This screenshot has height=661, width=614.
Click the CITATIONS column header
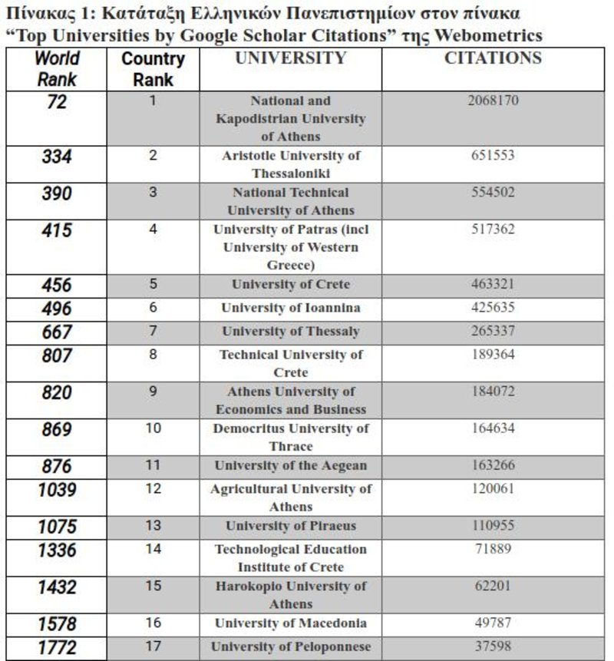coord(493,58)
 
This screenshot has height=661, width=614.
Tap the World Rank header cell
coord(58,68)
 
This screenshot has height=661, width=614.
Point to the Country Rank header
coord(153,69)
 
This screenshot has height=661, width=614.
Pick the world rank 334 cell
coord(58,157)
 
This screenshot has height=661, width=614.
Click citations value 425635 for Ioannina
coord(493,308)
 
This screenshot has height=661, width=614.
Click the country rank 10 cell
coord(153,428)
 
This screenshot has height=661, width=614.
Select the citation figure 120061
coord(493,489)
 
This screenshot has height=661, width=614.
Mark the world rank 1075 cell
coord(58,527)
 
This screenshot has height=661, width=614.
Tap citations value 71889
coord(493,549)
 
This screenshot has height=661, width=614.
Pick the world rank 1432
coord(58,587)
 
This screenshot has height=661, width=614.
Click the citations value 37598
coord(493,646)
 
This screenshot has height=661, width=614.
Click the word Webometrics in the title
coord(487,35)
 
